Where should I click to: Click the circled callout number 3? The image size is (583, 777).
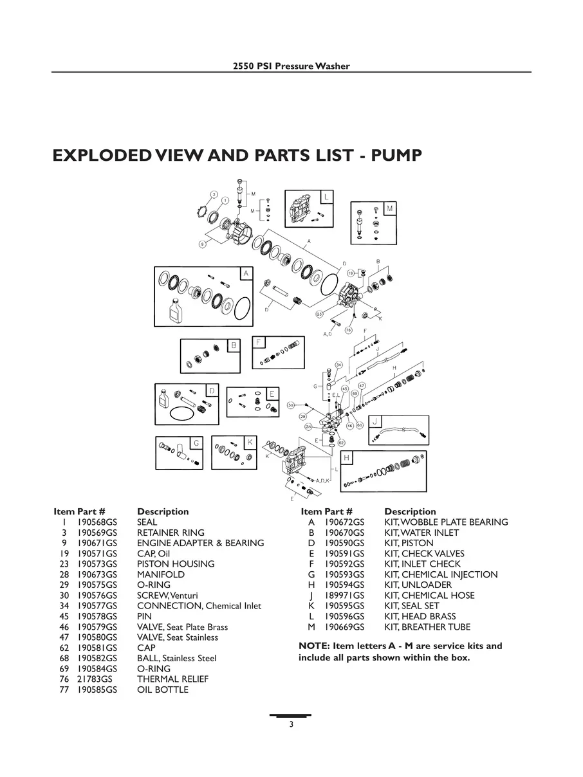point(214,194)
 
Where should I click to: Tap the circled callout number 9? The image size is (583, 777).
point(202,244)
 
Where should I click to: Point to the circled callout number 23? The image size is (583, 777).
point(320,314)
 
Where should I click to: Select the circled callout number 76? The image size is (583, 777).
point(348,329)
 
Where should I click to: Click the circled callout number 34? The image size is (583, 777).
point(338,365)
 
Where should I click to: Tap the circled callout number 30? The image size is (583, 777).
point(291,405)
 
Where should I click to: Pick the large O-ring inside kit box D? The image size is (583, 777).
point(183,414)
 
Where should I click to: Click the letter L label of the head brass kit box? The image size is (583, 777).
point(326,196)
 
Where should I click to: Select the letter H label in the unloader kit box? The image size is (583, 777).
point(347,457)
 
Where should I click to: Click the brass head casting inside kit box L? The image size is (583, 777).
point(302,210)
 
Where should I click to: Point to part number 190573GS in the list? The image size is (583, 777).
point(97,564)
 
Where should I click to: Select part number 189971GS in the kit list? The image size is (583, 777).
point(344,596)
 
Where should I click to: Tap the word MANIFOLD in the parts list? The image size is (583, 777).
point(160,574)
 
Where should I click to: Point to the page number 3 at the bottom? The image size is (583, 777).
point(291,725)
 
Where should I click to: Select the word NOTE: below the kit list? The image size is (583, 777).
point(314,646)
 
